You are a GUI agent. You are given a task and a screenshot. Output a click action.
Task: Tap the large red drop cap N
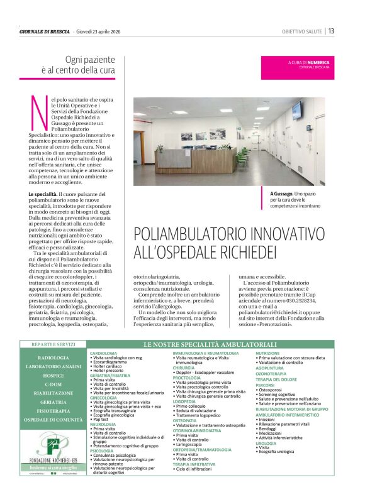(x=37, y=112)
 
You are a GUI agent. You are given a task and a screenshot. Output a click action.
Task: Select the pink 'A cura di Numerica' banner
(x=301, y=65)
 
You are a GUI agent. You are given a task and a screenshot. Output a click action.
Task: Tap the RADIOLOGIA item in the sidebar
(x=53, y=357)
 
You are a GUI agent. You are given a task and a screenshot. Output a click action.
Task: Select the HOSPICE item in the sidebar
(x=53, y=375)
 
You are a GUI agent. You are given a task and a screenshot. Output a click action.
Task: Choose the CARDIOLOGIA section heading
(x=104, y=354)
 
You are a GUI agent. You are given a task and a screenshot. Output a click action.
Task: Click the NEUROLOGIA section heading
(x=103, y=425)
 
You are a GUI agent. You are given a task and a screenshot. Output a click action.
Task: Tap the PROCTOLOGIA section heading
(x=187, y=378)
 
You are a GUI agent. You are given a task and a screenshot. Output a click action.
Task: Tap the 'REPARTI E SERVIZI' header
(x=53, y=345)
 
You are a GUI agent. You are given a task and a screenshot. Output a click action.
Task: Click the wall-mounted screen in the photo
(x=296, y=111)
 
